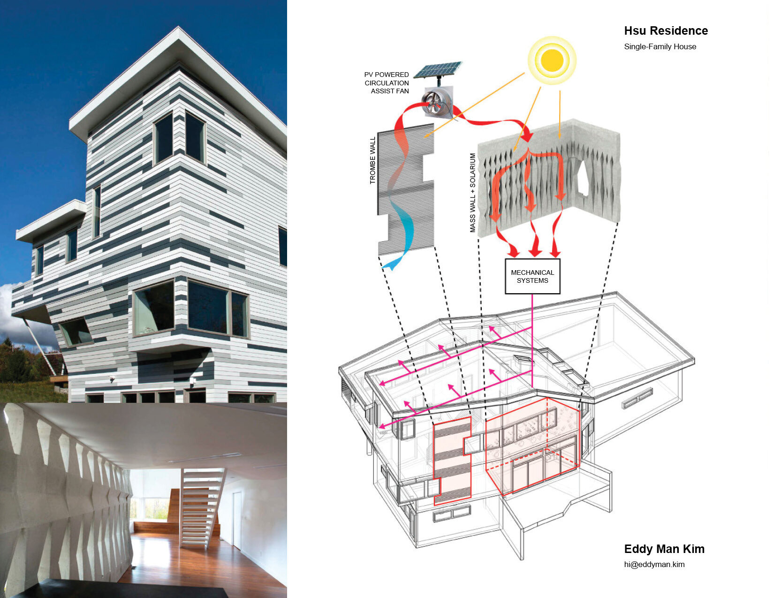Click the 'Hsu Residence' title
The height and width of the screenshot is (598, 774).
(x=666, y=31)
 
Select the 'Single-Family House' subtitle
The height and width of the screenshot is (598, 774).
(x=660, y=46)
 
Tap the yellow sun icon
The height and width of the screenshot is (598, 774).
(x=552, y=61)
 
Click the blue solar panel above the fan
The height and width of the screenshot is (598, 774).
(x=438, y=70)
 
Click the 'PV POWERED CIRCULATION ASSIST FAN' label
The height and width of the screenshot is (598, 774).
(x=387, y=83)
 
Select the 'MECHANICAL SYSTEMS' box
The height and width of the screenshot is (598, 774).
(x=532, y=276)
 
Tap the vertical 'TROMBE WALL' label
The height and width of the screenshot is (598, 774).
(x=373, y=160)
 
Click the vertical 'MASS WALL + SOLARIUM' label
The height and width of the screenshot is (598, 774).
(x=473, y=193)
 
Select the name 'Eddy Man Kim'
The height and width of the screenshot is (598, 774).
(x=664, y=549)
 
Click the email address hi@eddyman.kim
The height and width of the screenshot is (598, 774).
(x=654, y=564)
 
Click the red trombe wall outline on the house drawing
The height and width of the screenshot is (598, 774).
(x=451, y=462)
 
